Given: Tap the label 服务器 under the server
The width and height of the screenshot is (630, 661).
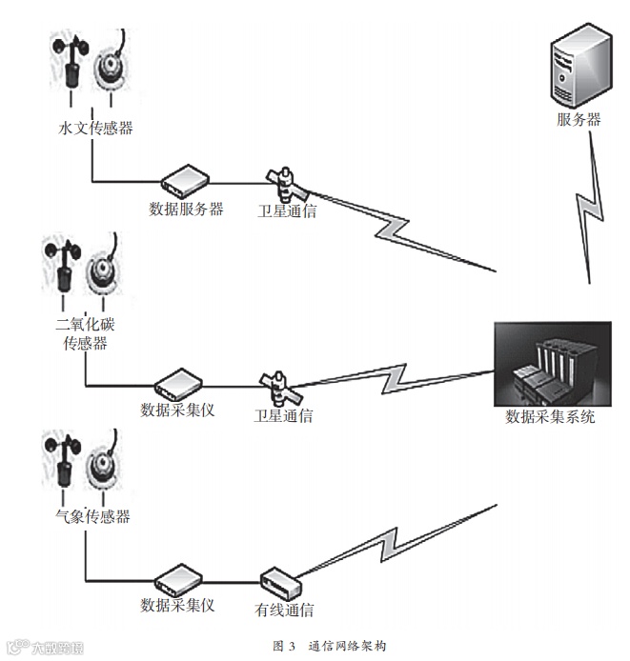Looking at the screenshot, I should click(x=579, y=120).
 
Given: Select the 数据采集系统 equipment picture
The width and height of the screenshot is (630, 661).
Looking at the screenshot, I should click(x=553, y=364).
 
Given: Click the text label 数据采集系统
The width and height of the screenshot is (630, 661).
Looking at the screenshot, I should click(x=550, y=416).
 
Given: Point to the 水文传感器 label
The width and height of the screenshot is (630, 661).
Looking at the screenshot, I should click(x=95, y=128).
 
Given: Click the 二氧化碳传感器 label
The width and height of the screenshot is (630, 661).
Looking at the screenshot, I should click(x=85, y=333).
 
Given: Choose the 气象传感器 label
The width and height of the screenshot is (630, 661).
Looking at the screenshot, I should click(x=92, y=516).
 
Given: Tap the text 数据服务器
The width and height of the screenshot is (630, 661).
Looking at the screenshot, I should click(x=186, y=209).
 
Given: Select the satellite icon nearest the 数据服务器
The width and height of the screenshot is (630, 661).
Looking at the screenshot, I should click(x=283, y=181).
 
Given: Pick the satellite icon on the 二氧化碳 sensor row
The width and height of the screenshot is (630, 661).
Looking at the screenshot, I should click(x=280, y=388).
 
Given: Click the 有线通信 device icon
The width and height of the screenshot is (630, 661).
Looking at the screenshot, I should click(x=282, y=580).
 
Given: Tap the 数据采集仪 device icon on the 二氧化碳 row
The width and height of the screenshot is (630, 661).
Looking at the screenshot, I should click(x=177, y=383).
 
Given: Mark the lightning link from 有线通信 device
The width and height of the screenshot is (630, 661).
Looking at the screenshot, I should click(x=400, y=545).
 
